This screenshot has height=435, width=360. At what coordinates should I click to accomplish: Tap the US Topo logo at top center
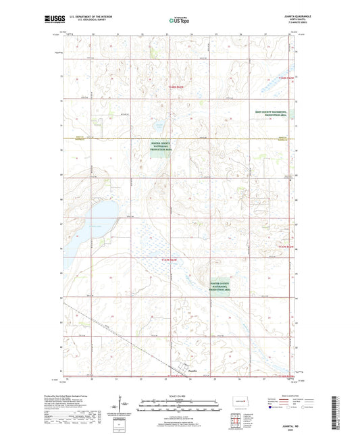179,20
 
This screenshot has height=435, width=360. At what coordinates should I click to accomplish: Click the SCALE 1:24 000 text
179,395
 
